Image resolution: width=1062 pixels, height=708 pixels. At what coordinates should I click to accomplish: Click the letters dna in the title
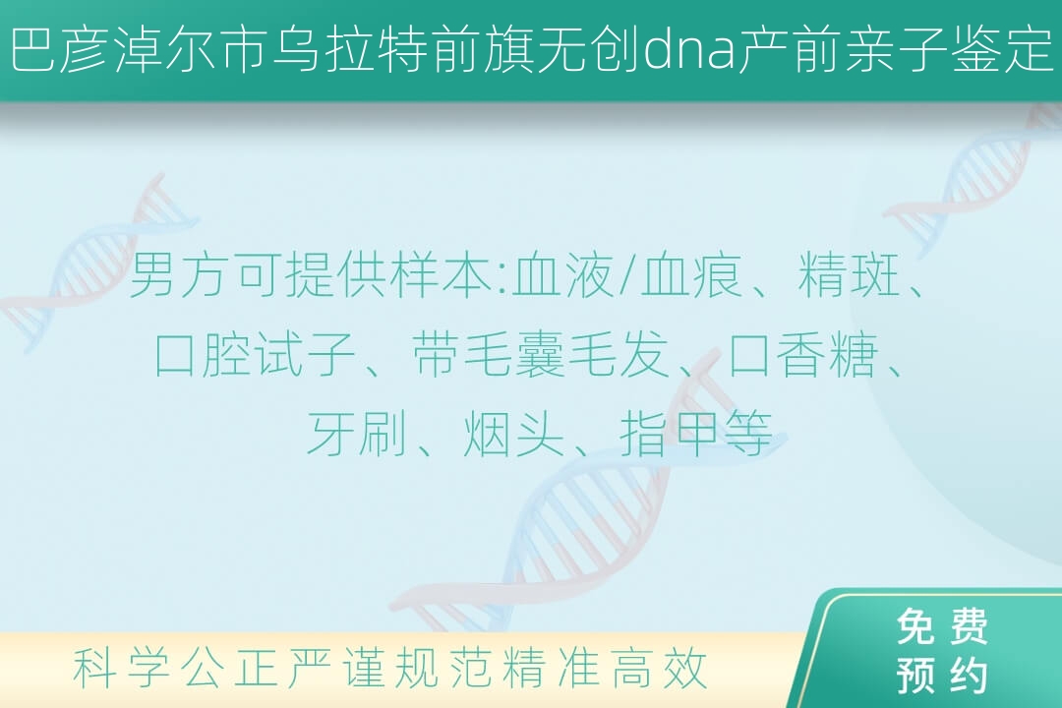[688, 52]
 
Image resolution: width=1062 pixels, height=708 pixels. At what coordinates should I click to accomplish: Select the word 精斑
[848, 275]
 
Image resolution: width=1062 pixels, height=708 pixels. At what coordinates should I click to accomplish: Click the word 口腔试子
[256, 354]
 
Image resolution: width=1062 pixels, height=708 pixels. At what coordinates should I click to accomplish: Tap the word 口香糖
[803, 354]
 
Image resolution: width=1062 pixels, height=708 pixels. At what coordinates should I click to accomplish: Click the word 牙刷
[356, 433]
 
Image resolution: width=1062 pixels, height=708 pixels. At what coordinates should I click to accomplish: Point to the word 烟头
[513, 433]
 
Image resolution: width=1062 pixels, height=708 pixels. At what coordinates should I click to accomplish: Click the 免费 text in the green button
[942, 626]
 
